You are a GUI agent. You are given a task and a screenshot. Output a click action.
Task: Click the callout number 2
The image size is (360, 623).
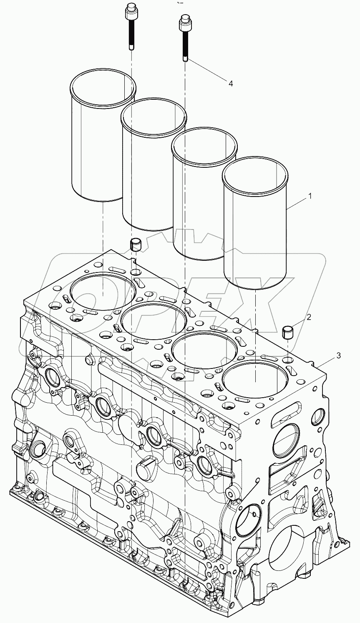click(309, 317)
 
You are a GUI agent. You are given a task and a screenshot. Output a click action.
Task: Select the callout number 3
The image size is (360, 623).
click(339, 356)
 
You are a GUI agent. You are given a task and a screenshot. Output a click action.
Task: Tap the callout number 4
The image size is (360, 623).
click(230, 83)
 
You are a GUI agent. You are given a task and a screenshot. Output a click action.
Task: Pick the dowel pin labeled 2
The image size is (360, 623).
click(287, 333)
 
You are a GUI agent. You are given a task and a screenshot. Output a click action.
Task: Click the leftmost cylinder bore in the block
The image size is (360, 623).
click(103, 291)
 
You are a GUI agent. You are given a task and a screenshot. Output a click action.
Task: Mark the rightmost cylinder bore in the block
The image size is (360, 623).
click(255, 379)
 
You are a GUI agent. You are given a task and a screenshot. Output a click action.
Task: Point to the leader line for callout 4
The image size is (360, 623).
click(206, 72)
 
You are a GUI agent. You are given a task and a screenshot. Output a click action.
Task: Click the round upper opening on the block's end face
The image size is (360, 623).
click(287, 440)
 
